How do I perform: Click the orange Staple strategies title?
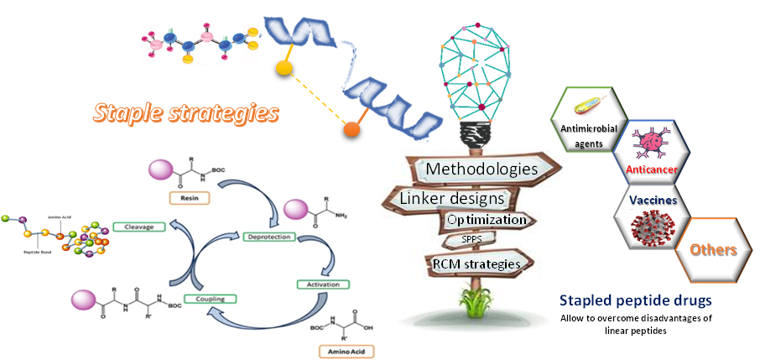[187, 112]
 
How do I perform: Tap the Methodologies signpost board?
[481, 170]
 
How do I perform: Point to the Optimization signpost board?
[487, 220]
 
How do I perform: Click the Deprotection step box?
[267, 237]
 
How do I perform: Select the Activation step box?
[321, 284]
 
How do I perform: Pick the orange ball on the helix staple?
[352, 130]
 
